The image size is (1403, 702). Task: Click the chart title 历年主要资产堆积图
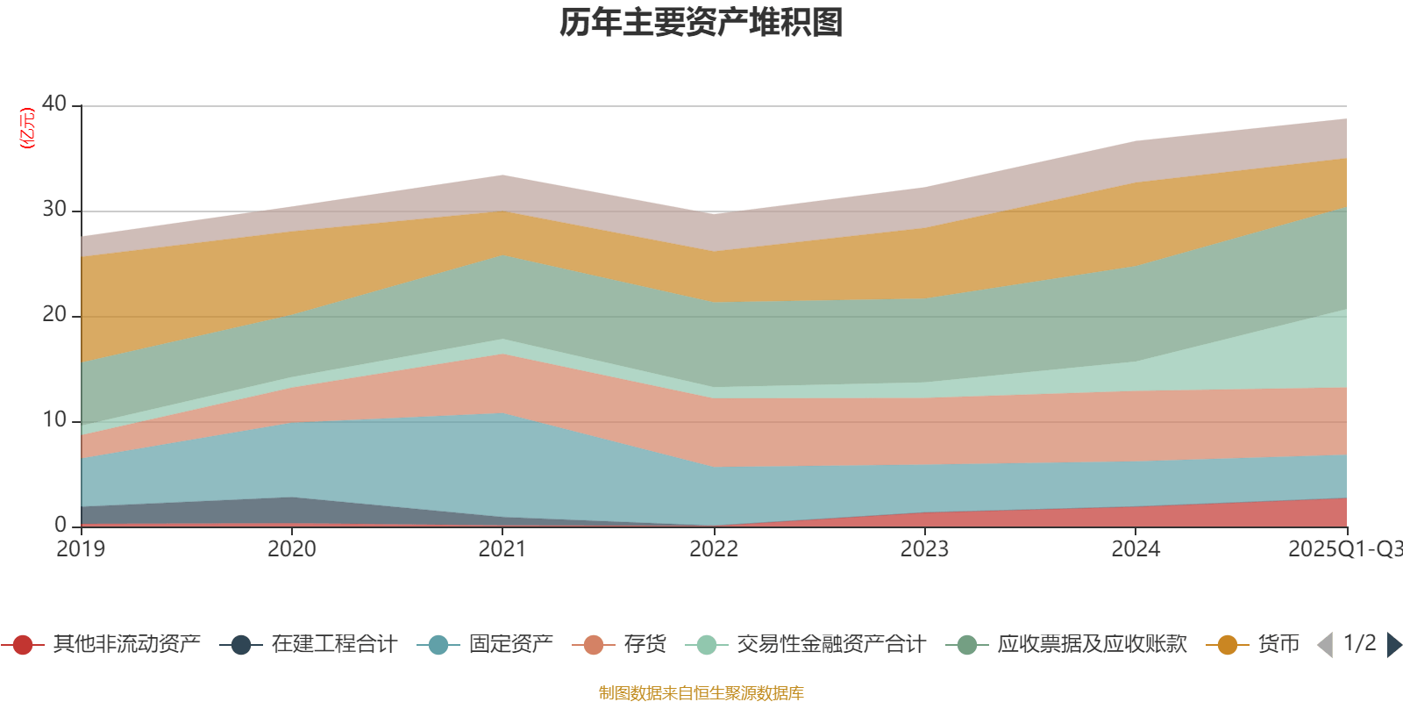(701, 23)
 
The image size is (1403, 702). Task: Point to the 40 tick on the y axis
(54, 104)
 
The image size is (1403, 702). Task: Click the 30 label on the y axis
(54, 209)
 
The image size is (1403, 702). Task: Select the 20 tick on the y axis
(54, 314)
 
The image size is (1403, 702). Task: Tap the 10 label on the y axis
(54, 419)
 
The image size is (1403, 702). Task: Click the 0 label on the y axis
(61, 525)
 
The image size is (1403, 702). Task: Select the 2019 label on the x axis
(81, 549)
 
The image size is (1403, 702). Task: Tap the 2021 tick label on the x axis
(502, 549)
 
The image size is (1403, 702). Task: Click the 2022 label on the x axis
(714, 549)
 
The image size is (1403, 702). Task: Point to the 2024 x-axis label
(1136, 549)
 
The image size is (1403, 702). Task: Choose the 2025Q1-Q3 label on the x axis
(1343, 549)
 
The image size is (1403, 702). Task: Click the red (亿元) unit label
(27, 128)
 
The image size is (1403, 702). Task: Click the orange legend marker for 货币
(1228, 645)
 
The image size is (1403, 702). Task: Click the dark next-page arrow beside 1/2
(1393, 645)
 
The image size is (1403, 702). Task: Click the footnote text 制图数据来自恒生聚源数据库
(701, 693)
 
